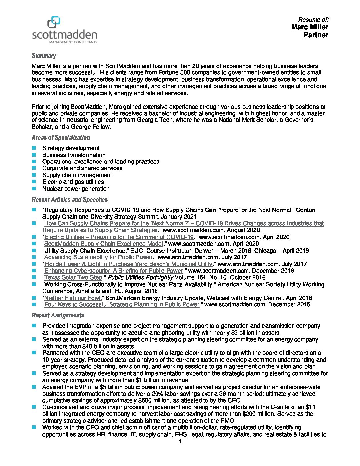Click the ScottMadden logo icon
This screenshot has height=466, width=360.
click(x=54, y=23)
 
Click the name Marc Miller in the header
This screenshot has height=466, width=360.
click(x=310, y=27)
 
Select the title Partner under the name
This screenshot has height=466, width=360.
click(x=316, y=35)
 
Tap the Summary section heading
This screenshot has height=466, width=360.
click(x=44, y=56)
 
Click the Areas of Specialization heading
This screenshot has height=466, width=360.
click(x=61, y=138)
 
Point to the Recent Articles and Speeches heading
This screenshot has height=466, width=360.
click(x=69, y=200)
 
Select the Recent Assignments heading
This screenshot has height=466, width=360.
click(x=58, y=315)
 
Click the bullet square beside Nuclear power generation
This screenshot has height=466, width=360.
click(x=34, y=189)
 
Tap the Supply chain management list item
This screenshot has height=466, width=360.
click(x=77, y=175)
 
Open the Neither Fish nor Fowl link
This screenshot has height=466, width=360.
click(x=73, y=298)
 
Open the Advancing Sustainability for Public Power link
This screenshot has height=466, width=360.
click(x=98, y=257)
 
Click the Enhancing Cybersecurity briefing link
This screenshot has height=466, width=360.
click(x=113, y=271)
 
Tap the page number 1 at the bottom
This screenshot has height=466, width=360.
click(x=180, y=442)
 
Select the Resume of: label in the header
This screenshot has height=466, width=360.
click(x=313, y=20)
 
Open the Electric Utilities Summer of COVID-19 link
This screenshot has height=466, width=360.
click(x=119, y=237)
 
